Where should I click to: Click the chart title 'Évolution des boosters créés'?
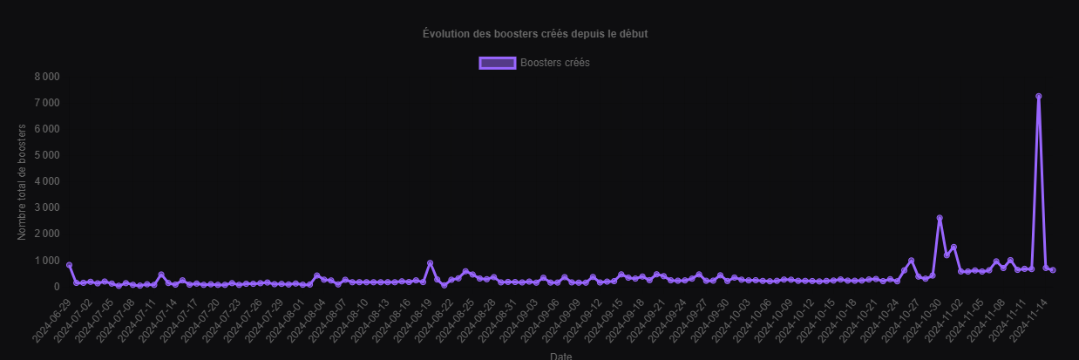point(534,34)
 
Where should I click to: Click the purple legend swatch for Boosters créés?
point(497,63)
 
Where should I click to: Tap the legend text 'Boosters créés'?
point(554,63)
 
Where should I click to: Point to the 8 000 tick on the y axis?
point(47,77)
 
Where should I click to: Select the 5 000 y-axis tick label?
point(47,155)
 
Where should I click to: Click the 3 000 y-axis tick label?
point(47,207)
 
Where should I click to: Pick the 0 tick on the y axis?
point(56,287)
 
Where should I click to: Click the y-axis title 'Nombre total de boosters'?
point(23,182)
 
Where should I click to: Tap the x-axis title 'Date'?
point(561,356)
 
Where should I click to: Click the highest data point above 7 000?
point(1038,97)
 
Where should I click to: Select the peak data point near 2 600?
point(940,218)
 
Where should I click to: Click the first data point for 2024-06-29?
point(69,265)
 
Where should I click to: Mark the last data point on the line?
point(1053,270)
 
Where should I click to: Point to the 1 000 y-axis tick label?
point(47,261)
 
